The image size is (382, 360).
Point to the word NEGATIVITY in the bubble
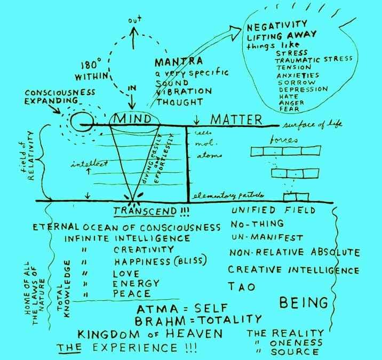(277, 25)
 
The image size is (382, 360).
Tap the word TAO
(242, 286)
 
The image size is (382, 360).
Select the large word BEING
(304, 303)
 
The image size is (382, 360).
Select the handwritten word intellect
(89, 164)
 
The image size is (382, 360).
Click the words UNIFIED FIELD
(264, 212)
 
